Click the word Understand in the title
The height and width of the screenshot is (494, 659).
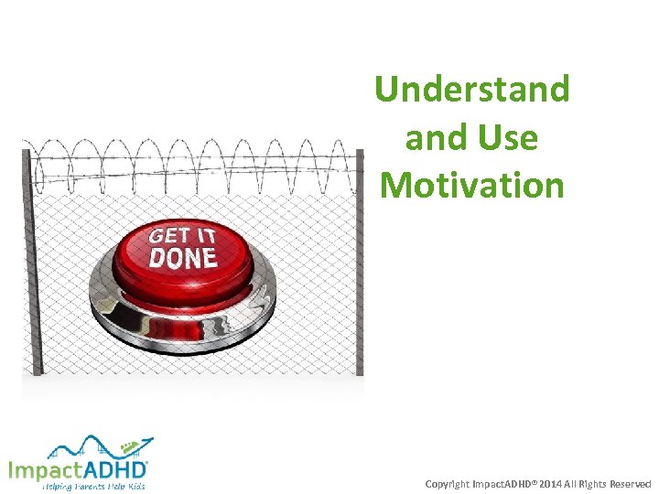pos(472,90)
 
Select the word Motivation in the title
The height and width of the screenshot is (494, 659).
pos(472,185)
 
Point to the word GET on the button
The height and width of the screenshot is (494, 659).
pos(167,235)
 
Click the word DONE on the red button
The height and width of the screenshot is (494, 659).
pos(183,257)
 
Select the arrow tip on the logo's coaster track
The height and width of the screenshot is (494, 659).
pos(151,438)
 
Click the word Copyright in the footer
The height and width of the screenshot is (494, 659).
pos(448,483)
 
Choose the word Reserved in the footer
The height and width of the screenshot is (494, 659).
pos(630,483)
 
